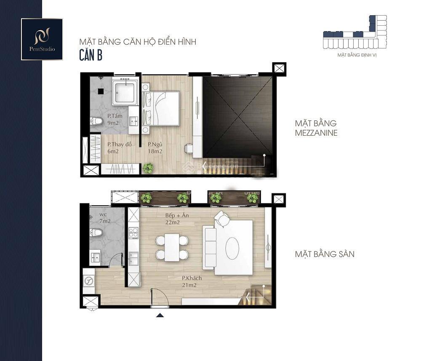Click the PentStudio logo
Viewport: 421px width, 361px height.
[x=42, y=39]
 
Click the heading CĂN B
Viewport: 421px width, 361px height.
[x=91, y=55]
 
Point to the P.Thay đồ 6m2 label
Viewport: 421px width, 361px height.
[x=119, y=147]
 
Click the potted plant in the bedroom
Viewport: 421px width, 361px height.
[x=148, y=168]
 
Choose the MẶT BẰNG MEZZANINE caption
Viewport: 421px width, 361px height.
[x=316, y=128]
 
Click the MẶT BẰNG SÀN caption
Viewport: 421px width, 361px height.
[x=324, y=254]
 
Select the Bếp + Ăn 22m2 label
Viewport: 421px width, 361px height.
[x=177, y=219]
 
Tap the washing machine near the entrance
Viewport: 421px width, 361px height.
[x=89, y=281]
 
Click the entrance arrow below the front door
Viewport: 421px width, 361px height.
[x=160, y=315]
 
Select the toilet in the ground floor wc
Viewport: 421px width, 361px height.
[x=96, y=232]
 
